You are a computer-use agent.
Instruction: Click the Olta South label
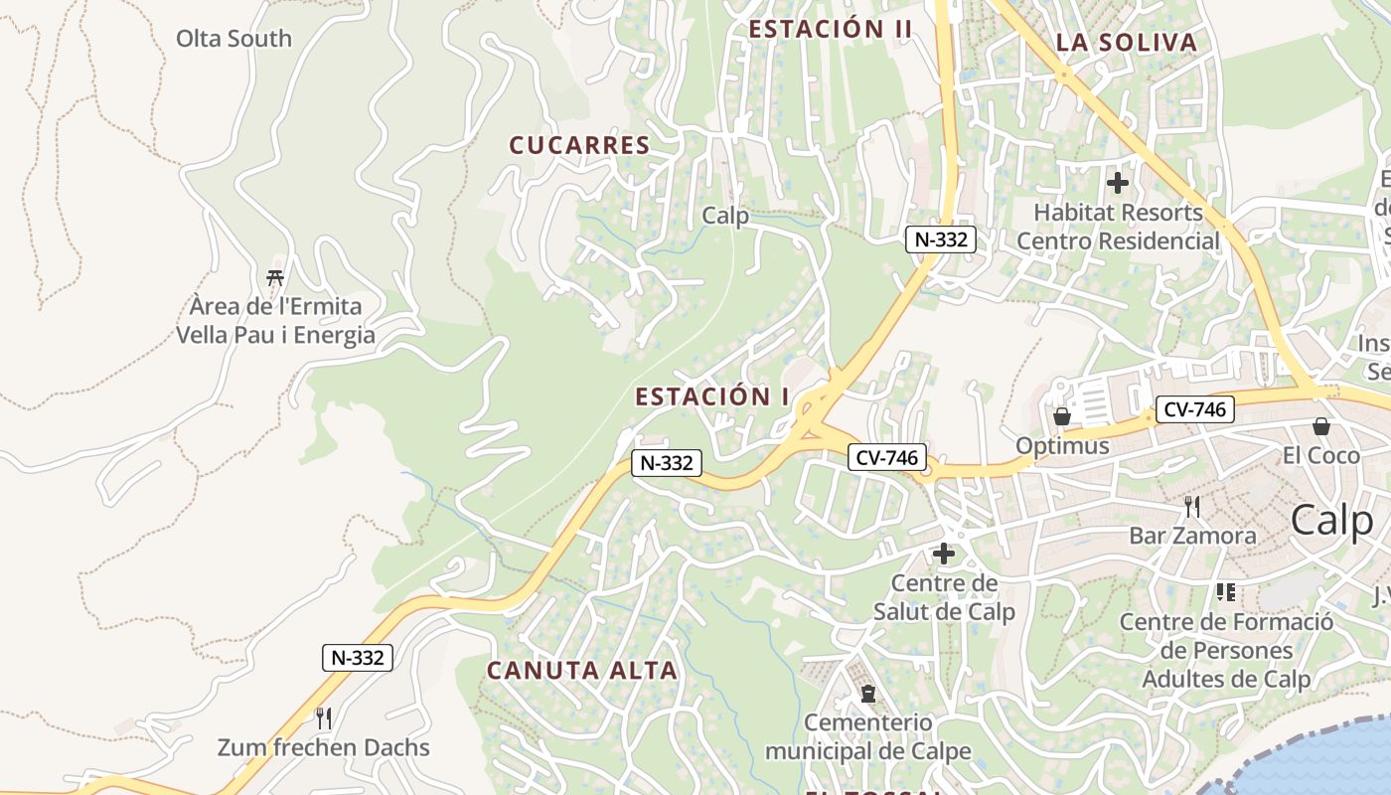coord(233,39)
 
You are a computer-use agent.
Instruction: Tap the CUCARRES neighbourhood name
coord(579,145)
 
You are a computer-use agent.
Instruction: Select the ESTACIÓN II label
coord(830,29)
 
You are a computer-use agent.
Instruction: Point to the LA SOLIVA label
coord(1126,43)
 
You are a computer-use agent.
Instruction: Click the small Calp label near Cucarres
coord(725,216)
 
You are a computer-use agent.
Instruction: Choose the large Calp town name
coord(1331,521)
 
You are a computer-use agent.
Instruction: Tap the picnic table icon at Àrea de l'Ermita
coord(275,277)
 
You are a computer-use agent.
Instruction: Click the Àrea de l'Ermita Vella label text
coord(275,320)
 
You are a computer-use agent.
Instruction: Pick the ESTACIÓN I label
coord(711,397)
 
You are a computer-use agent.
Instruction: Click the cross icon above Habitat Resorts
coord(1118,183)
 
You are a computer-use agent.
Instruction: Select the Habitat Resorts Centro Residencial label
coord(1118,227)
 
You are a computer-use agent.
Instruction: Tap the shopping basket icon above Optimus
coord(1061,415)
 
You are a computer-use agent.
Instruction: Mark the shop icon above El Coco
coord(1321,426)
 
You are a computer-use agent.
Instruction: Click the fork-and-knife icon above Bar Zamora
coord(1192,507)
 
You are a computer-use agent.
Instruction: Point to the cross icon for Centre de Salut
coord(944,554)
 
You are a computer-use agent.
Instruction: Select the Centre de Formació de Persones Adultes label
coord(1226,651)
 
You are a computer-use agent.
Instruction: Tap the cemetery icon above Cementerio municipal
coord(868,693)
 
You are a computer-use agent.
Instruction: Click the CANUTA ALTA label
coord(581,671)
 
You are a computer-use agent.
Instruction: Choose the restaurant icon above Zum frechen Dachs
coord(323,717)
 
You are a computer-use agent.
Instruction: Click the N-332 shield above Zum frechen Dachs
coord(358,657)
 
